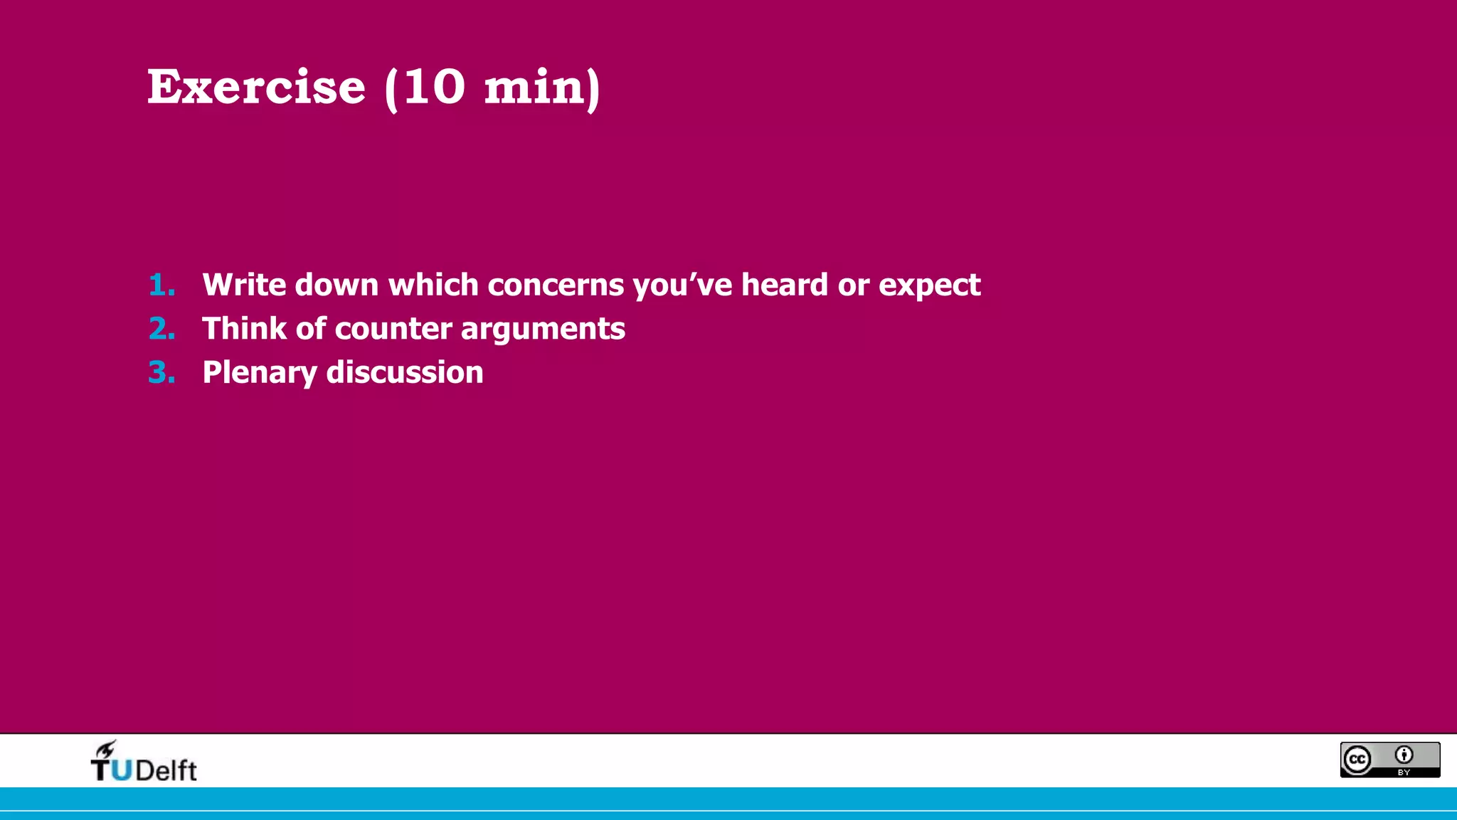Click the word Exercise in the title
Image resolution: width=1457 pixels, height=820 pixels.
(x=256, y=87)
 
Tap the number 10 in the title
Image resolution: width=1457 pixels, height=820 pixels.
(x=434, y=87)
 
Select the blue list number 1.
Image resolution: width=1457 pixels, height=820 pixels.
(x=161, y=285)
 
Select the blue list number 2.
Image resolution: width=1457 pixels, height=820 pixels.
(x=161, y=329)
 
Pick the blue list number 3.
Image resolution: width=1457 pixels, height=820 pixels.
(x=161, y=372)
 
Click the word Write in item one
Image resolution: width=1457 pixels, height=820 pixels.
(x=244, y=285)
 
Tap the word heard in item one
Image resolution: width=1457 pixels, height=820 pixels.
(x=784, y=285)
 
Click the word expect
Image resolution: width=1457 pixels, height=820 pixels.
(x=929, y=286)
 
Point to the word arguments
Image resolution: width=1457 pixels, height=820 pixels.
(x=543, y=330)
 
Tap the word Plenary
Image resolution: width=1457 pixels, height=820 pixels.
(x=260, y=373)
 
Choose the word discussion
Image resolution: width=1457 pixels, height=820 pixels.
(x=404, y=372)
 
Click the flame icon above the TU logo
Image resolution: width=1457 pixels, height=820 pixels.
(x=105, y=749)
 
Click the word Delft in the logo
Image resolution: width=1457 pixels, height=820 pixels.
(x=166, y=771)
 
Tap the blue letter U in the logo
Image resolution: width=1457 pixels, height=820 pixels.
(x=122, y=770)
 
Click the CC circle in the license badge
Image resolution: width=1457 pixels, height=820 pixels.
(x=1357, y=759)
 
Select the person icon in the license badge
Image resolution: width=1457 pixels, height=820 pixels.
(x=1404, y=755)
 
